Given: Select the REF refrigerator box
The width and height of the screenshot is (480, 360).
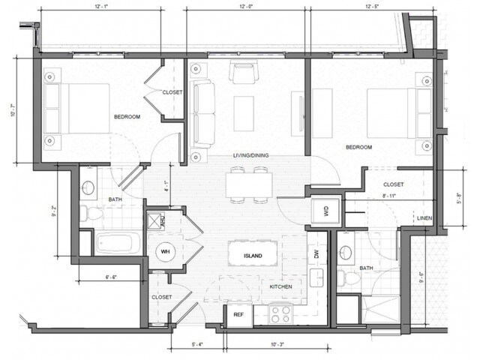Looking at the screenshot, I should [x=238, y=314].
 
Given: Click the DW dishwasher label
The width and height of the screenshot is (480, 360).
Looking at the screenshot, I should [x=316, y=255].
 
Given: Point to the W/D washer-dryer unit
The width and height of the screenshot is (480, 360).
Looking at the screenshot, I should [x=327, y=211].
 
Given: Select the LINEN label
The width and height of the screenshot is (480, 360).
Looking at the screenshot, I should [x=424, y=218].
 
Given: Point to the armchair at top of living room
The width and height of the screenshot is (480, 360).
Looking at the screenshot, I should [x=243, y=73].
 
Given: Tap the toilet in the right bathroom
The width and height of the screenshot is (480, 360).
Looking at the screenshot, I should [x=349, y=278].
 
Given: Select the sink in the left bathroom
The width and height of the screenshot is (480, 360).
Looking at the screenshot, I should [x=88, y=187].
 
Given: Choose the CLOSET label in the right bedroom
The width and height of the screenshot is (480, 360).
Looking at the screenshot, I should [x=393, y=184].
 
